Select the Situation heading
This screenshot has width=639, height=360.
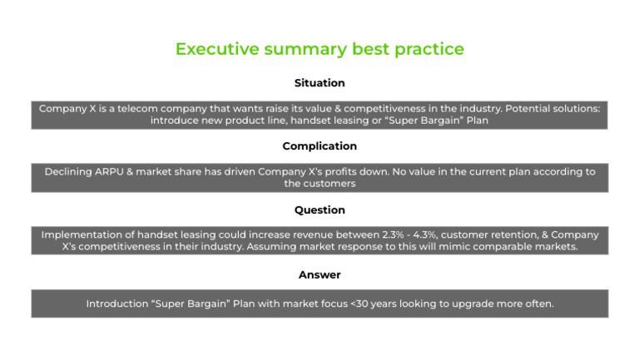[x=319, y=83]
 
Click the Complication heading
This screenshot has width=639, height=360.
[x=319, y=146]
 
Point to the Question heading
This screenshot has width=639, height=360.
[x=319, y=210]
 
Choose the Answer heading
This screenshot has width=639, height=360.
[x=319, y=274]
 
